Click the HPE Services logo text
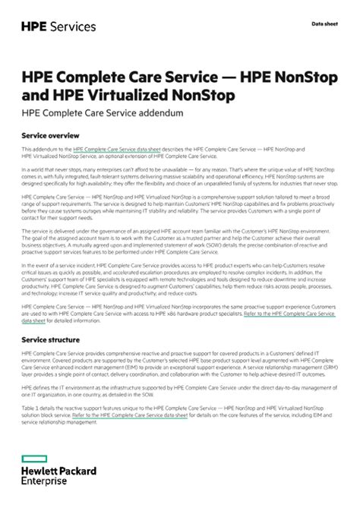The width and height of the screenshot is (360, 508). coord(58,27)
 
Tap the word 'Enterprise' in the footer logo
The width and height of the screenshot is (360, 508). coord(44,481)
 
